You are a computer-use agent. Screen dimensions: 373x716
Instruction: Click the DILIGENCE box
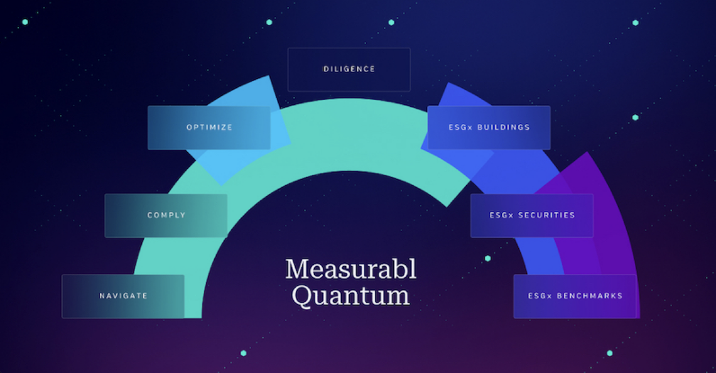click(349, 69)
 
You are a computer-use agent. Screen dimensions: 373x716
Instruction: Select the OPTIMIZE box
click(209, 127)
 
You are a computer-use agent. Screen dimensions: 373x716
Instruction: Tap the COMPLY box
click(166, 215)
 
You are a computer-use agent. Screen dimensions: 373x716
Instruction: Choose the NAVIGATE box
click(123, 296)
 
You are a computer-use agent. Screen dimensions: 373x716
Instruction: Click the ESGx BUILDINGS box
click(489, 127)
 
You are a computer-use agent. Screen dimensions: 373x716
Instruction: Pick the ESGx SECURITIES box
click(532, 215)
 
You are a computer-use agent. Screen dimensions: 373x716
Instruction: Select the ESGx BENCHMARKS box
click(575, 296)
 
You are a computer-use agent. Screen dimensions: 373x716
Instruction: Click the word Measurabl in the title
click(350, 269)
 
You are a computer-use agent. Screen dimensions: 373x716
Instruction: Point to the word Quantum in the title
click(350, 295)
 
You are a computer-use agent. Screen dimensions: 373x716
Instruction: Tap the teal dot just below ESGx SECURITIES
click(487, 258)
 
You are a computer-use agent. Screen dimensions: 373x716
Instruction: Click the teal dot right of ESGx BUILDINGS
click(635, 117)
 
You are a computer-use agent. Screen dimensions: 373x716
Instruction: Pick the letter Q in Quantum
click(302, 296)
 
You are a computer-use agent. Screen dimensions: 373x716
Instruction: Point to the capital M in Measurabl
click(297, 269)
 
